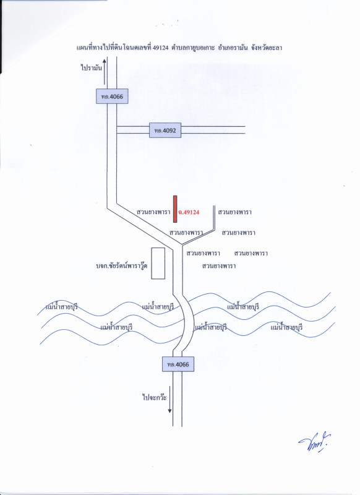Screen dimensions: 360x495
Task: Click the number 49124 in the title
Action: tap(160, 48)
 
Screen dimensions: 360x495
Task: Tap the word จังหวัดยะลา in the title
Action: tap(267, 48)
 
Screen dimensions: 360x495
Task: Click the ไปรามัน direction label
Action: tap(92, 68)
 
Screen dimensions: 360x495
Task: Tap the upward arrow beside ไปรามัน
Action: tap(105, 72)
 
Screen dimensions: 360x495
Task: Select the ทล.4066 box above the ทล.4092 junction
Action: tap(112, 97)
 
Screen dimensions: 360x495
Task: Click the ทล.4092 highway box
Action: tap(165, 130)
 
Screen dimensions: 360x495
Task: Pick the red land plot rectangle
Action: tap(175, 209)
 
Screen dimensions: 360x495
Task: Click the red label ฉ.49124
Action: tap(189, 212)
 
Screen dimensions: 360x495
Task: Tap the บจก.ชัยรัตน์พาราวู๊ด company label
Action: tap(121, 267)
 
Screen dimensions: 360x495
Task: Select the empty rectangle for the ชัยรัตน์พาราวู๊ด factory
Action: tap(158, 264)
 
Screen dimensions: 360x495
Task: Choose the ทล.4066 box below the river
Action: tap(178, 364)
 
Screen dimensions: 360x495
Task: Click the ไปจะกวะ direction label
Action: tap(155, 397)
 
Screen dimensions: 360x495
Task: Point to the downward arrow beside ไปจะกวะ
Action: tap(169, 399)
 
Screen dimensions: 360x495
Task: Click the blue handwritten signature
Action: tap(315, 442)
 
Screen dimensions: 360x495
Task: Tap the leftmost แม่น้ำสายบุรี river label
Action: tap(62, 307)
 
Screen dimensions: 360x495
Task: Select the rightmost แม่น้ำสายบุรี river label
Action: tap(286, 327)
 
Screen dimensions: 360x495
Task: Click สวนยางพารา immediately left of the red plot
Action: tap(153, 212)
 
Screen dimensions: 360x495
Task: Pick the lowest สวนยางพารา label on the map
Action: tap(219, 266)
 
